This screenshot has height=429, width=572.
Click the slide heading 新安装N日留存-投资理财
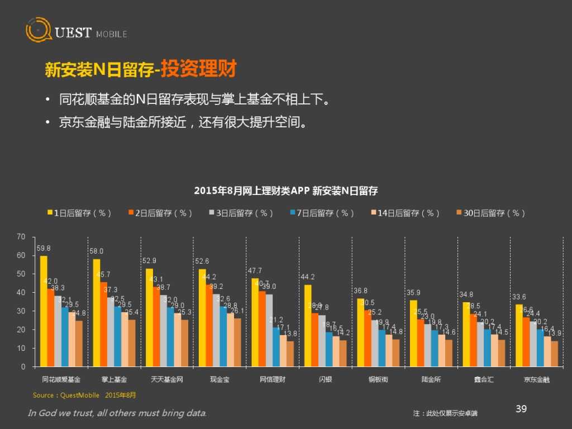(x=141, y=70)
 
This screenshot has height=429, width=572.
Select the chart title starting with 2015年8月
(x=285, y=191)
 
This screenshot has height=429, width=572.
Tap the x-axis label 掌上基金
(x=114, y=380)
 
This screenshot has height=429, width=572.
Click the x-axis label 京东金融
(x=536, y=380)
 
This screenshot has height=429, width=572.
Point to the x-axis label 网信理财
(x=273, y=380)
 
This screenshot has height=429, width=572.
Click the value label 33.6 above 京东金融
(x=519, y=297)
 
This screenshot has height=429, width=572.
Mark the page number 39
(x=521, y=409)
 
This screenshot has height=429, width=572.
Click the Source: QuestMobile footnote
(x=84, y=395)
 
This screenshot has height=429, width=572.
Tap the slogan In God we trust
(x=117, y=413)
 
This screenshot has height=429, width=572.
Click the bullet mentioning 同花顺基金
(x=193, y=100)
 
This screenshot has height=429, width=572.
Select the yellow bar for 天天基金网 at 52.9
(x=149, y=317)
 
